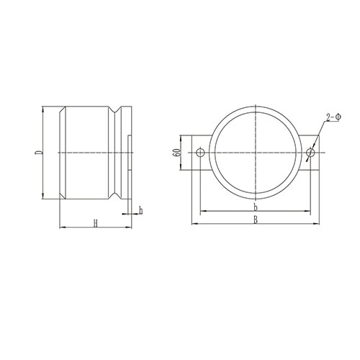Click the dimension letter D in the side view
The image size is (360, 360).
point(37,153)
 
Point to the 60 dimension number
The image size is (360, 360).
point(176,153)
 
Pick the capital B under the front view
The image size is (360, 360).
point(256,220)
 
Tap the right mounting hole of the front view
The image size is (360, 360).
point(310,153)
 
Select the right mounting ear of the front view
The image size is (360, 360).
point(311,153)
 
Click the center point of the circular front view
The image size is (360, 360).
point(256,153)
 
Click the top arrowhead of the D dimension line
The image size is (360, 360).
point(44,110)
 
